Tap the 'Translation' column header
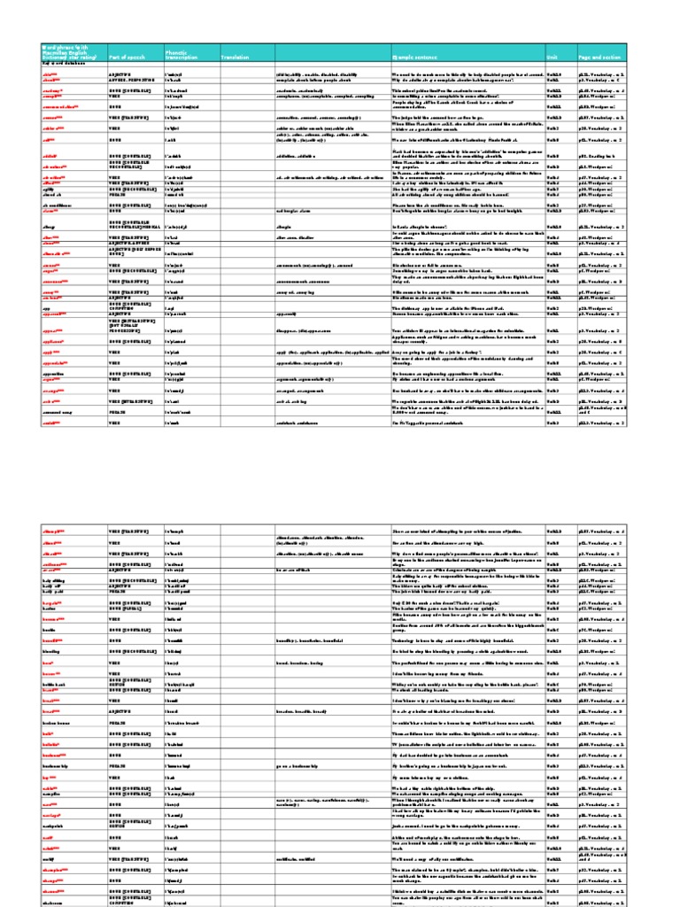(235, 55)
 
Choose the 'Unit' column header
(552, 55)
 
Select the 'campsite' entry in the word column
(54, 801)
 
